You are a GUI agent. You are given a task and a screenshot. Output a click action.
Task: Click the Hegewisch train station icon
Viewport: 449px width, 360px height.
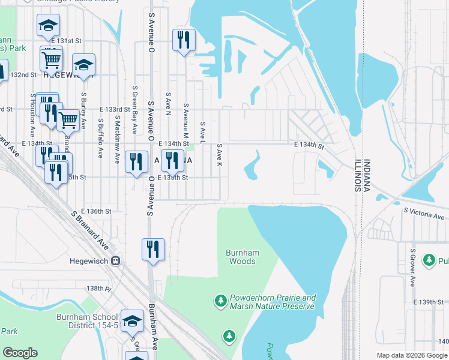(116, 261)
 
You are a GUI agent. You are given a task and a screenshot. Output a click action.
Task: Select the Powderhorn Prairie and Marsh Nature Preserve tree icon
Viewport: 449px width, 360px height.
(221, 299)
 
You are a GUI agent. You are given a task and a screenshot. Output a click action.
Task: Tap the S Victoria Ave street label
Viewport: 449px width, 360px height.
(426, 211)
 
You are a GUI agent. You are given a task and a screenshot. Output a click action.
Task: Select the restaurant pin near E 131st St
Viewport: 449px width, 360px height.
(182, 40)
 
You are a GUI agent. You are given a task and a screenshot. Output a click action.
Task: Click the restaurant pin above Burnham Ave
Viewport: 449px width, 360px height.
(152, 248)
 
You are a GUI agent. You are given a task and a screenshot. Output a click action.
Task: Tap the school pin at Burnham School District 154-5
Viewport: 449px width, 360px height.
(132, 321)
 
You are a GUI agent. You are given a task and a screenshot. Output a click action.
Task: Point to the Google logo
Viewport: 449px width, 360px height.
(20, 353)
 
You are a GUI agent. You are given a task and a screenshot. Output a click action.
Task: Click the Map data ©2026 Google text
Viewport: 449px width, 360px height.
(412, 355)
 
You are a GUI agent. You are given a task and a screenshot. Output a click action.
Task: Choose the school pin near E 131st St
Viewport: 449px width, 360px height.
(48, 25)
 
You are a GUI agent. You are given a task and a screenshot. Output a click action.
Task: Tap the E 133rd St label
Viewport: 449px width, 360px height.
(115, 109)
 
